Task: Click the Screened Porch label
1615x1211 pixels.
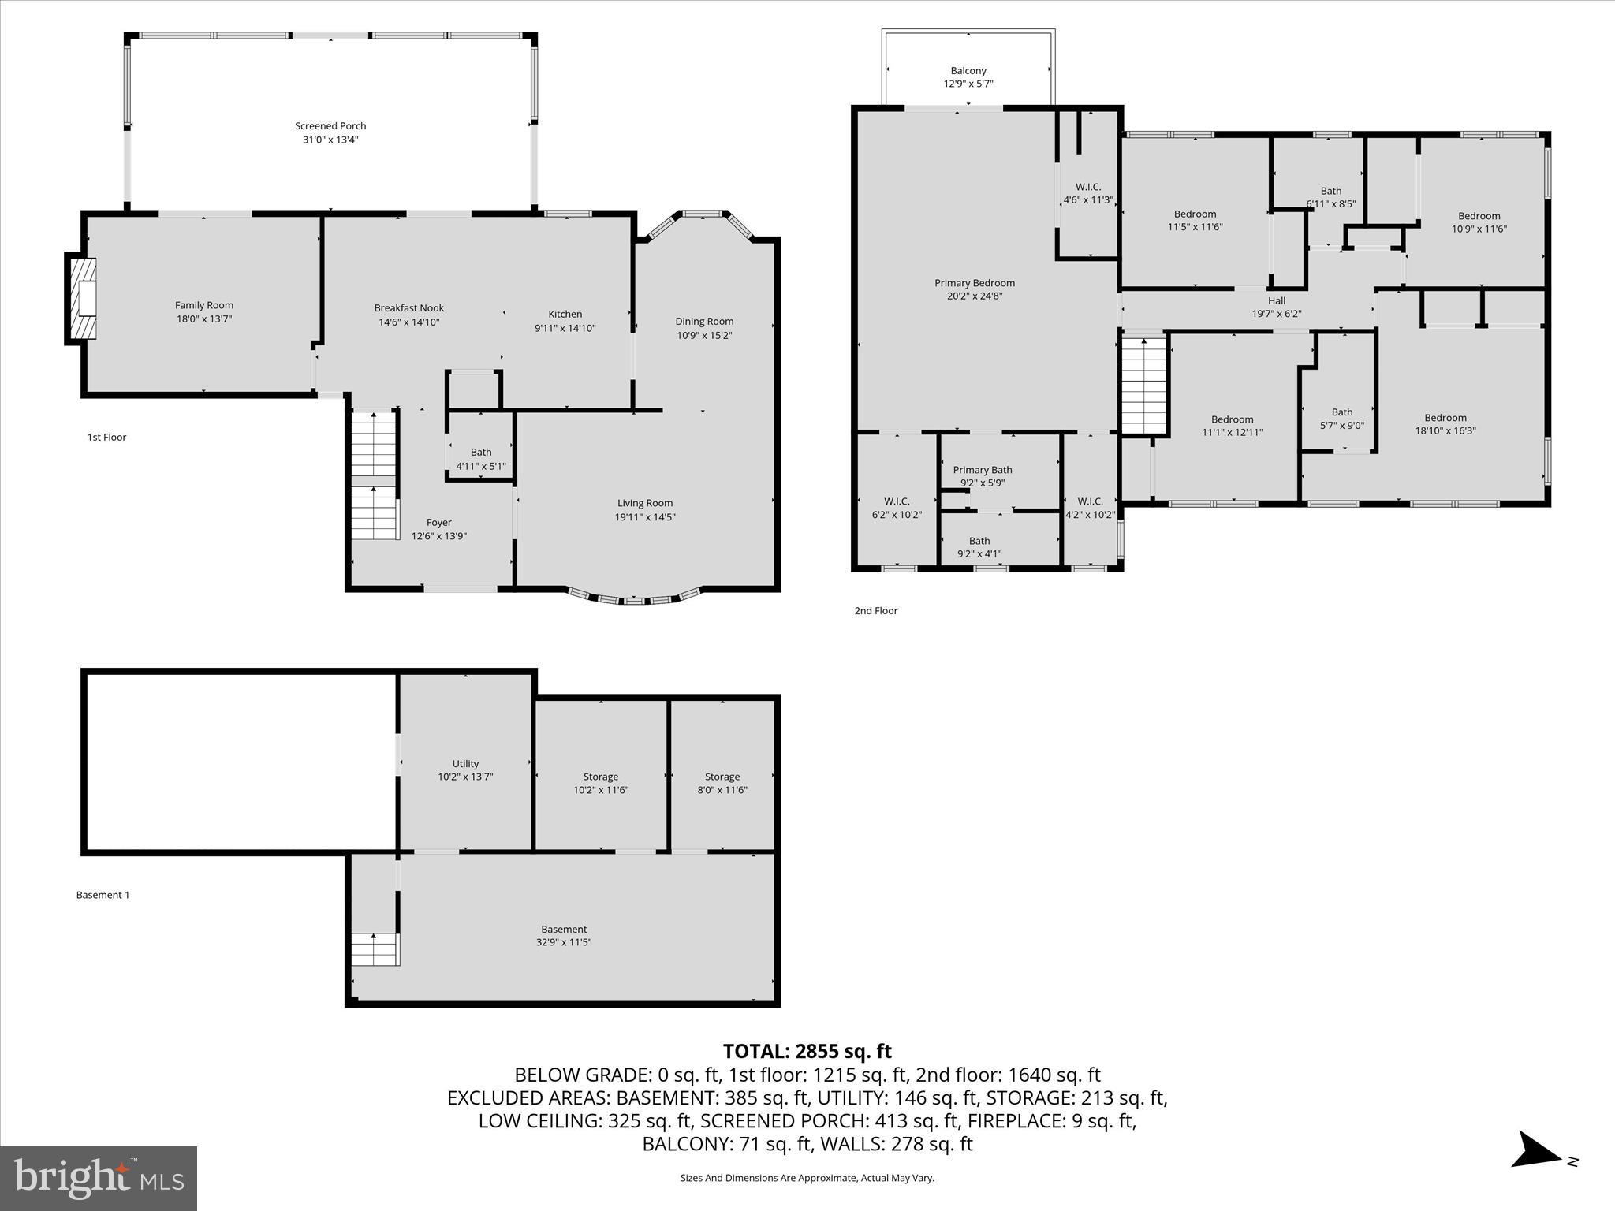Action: tap(330, 126)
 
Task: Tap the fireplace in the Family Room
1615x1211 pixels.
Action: tap(82, 299)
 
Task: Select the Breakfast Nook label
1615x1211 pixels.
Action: tap(408, 308)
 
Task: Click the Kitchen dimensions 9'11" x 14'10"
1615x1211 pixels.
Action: tap(565, 328)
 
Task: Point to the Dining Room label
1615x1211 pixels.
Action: tap(703, 322)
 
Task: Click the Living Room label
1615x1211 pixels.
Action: tap(644, 504)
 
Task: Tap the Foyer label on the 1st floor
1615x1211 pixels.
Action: tap(438, 523)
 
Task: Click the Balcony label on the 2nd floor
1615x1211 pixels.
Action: tap(968, 71)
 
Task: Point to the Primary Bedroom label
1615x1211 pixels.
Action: tap(974, 283)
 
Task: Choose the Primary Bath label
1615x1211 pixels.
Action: tap(982, 470)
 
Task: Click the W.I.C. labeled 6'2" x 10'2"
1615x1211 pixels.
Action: tap(897, 508)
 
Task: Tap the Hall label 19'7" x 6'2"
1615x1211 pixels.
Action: tap(1276, 301)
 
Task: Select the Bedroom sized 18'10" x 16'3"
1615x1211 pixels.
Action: tap(1445, 424)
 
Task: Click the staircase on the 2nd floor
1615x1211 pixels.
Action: tap(1143, 386)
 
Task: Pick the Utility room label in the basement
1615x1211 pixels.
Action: tap(465, 763)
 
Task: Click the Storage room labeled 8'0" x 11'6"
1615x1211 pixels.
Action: tap(722, 783)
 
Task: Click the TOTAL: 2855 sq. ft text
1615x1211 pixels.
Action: tap(807, 1051)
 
